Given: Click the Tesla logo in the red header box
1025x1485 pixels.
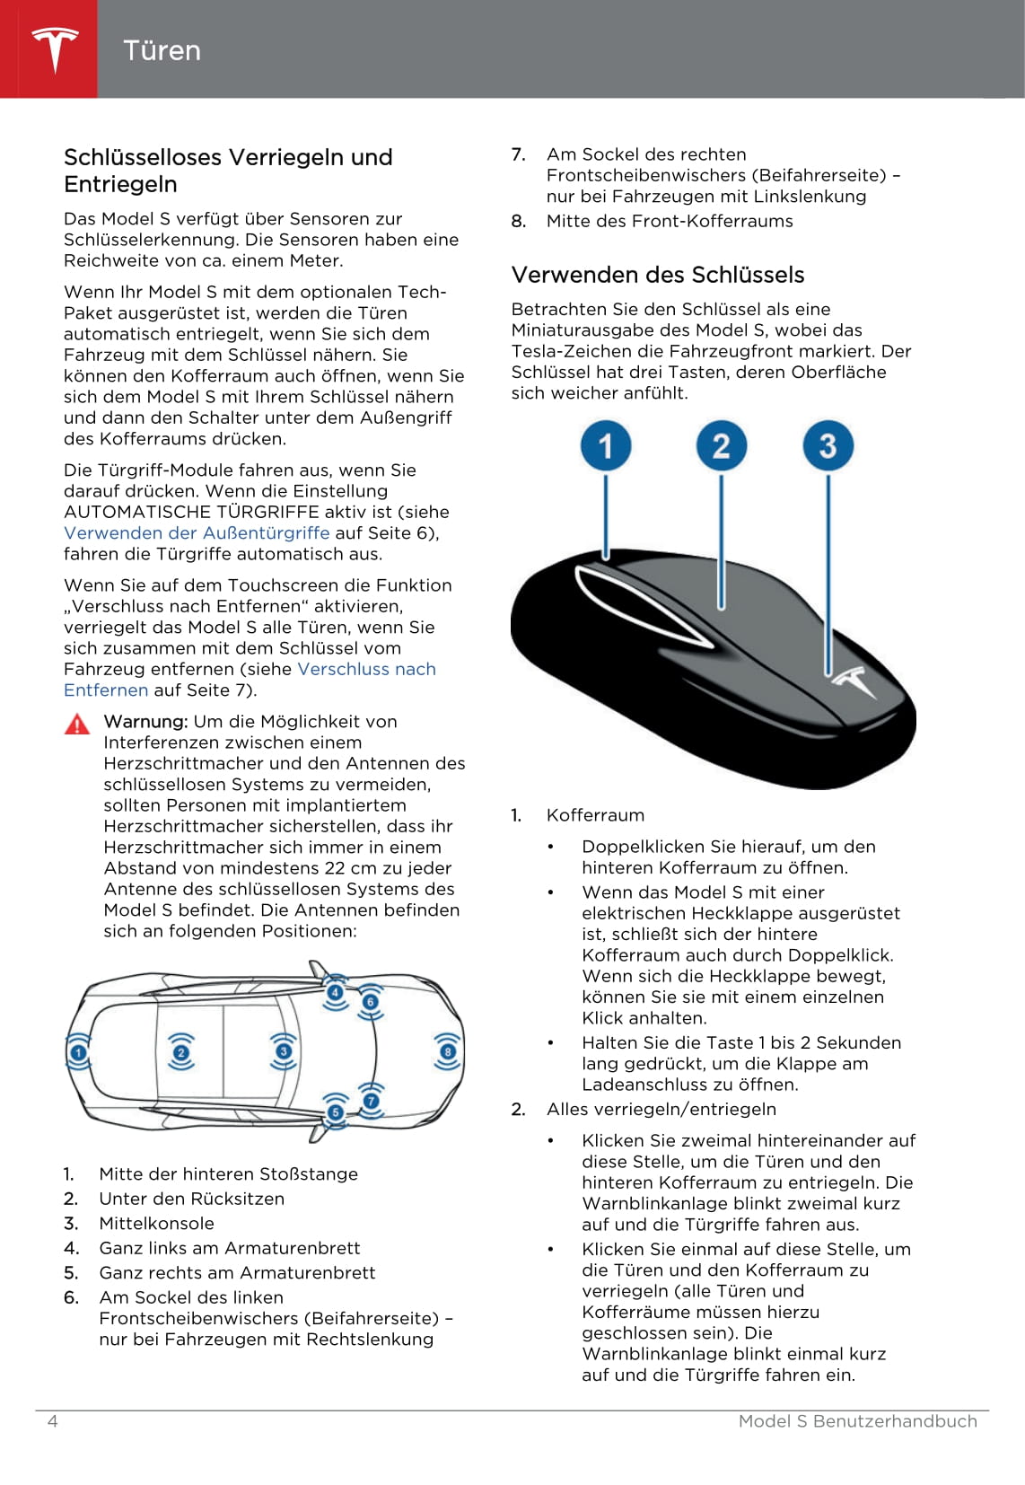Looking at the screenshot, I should (x=55, y=48).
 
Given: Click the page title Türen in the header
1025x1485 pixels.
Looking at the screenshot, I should (x=162, y=50).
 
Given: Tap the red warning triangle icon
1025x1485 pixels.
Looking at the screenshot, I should (x=77, y=724).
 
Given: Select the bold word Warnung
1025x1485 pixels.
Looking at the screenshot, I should (x=145, y=721).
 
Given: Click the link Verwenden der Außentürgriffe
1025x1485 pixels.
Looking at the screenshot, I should (x=197, y=532).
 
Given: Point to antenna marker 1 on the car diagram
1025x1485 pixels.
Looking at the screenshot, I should (x=79, y=1052).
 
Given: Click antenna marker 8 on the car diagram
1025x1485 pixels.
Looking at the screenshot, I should (x=447, y=1051).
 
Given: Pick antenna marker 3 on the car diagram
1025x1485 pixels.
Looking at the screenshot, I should (x=284, y=1051).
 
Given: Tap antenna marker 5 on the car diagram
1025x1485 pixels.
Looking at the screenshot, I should (x=336, y=1112).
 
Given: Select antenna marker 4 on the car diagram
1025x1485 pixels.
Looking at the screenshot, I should (x=336, y=992).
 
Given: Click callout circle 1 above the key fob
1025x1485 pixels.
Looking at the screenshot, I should (x=606, y=445).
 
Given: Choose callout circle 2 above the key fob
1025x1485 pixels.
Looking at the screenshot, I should (x=721, y=445).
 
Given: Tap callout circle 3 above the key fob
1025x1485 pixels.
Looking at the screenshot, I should (x=828, y=445).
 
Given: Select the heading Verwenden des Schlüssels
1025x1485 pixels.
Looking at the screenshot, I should (x=658, y=275).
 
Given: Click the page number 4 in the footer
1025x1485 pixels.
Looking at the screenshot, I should (x=52, y=1420).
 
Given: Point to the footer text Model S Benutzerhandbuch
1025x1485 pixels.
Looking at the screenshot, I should (x=857, y=1420).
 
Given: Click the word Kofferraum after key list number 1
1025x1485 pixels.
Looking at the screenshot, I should (x=595, y=815).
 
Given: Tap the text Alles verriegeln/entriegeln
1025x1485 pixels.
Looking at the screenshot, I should (x=661, y=1109).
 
